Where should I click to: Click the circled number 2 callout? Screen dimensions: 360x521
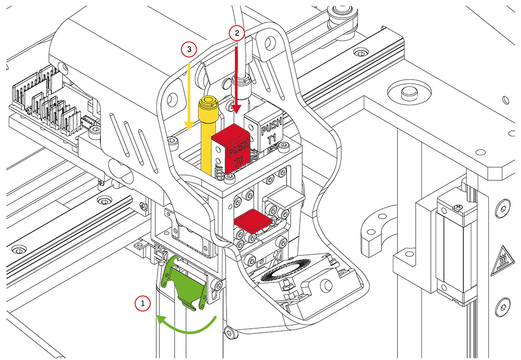pos(237,33)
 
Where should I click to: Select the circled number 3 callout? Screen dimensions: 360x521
pos(189,49)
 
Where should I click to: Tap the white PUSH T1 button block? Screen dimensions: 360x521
pos(265,128)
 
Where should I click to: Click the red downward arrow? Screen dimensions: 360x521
pos(238,78)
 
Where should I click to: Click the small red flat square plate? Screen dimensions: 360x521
pos(252,220)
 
